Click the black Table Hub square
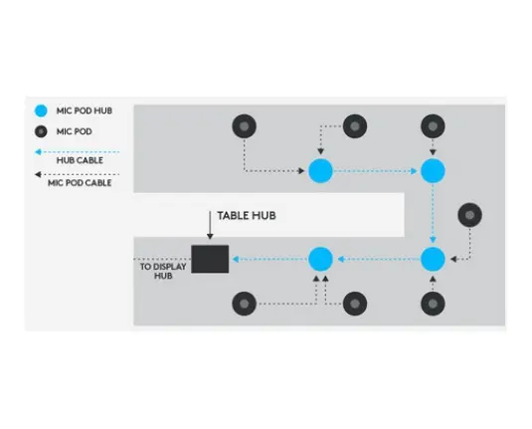[x=210, y=259]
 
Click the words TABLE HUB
[x=247, y=216]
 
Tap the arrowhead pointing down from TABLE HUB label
[x=210, y=236]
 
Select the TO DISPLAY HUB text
[x=163, y=271]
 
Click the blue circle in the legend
[x=41, y=110]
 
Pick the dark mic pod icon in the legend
[x=41, y=131]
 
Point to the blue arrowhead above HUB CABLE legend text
[x=38, y=152]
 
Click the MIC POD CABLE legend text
[x=80, y=183]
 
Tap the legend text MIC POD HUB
[x=85, y=110]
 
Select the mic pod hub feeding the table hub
[x=320, y=259]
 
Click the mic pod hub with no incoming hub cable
[x=320, y=171]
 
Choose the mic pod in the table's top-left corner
[x=244, y=126]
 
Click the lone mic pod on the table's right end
[x=470, y=215]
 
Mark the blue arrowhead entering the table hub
[x=236, y=259]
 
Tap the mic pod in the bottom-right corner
[x=433, y=304]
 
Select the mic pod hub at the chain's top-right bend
[x=433, y=171]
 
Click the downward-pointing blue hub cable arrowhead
[x=433, y=240]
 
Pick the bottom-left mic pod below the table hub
[x=244, y=304]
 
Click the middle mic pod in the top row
[x=355, y=126]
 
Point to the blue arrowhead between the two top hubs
[x=414, y=171]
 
